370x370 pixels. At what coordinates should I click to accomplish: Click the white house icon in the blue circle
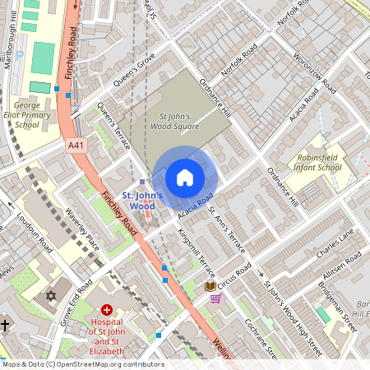click(x=185, y=178)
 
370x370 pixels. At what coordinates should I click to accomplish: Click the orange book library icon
click(x=210, y=286)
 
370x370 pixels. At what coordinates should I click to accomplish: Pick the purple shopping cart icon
click(x=216, y=298)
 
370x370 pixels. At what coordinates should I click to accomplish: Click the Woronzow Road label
click(x=317, y=74)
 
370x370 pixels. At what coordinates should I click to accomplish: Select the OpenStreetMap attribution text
click(x=82, y=364)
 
